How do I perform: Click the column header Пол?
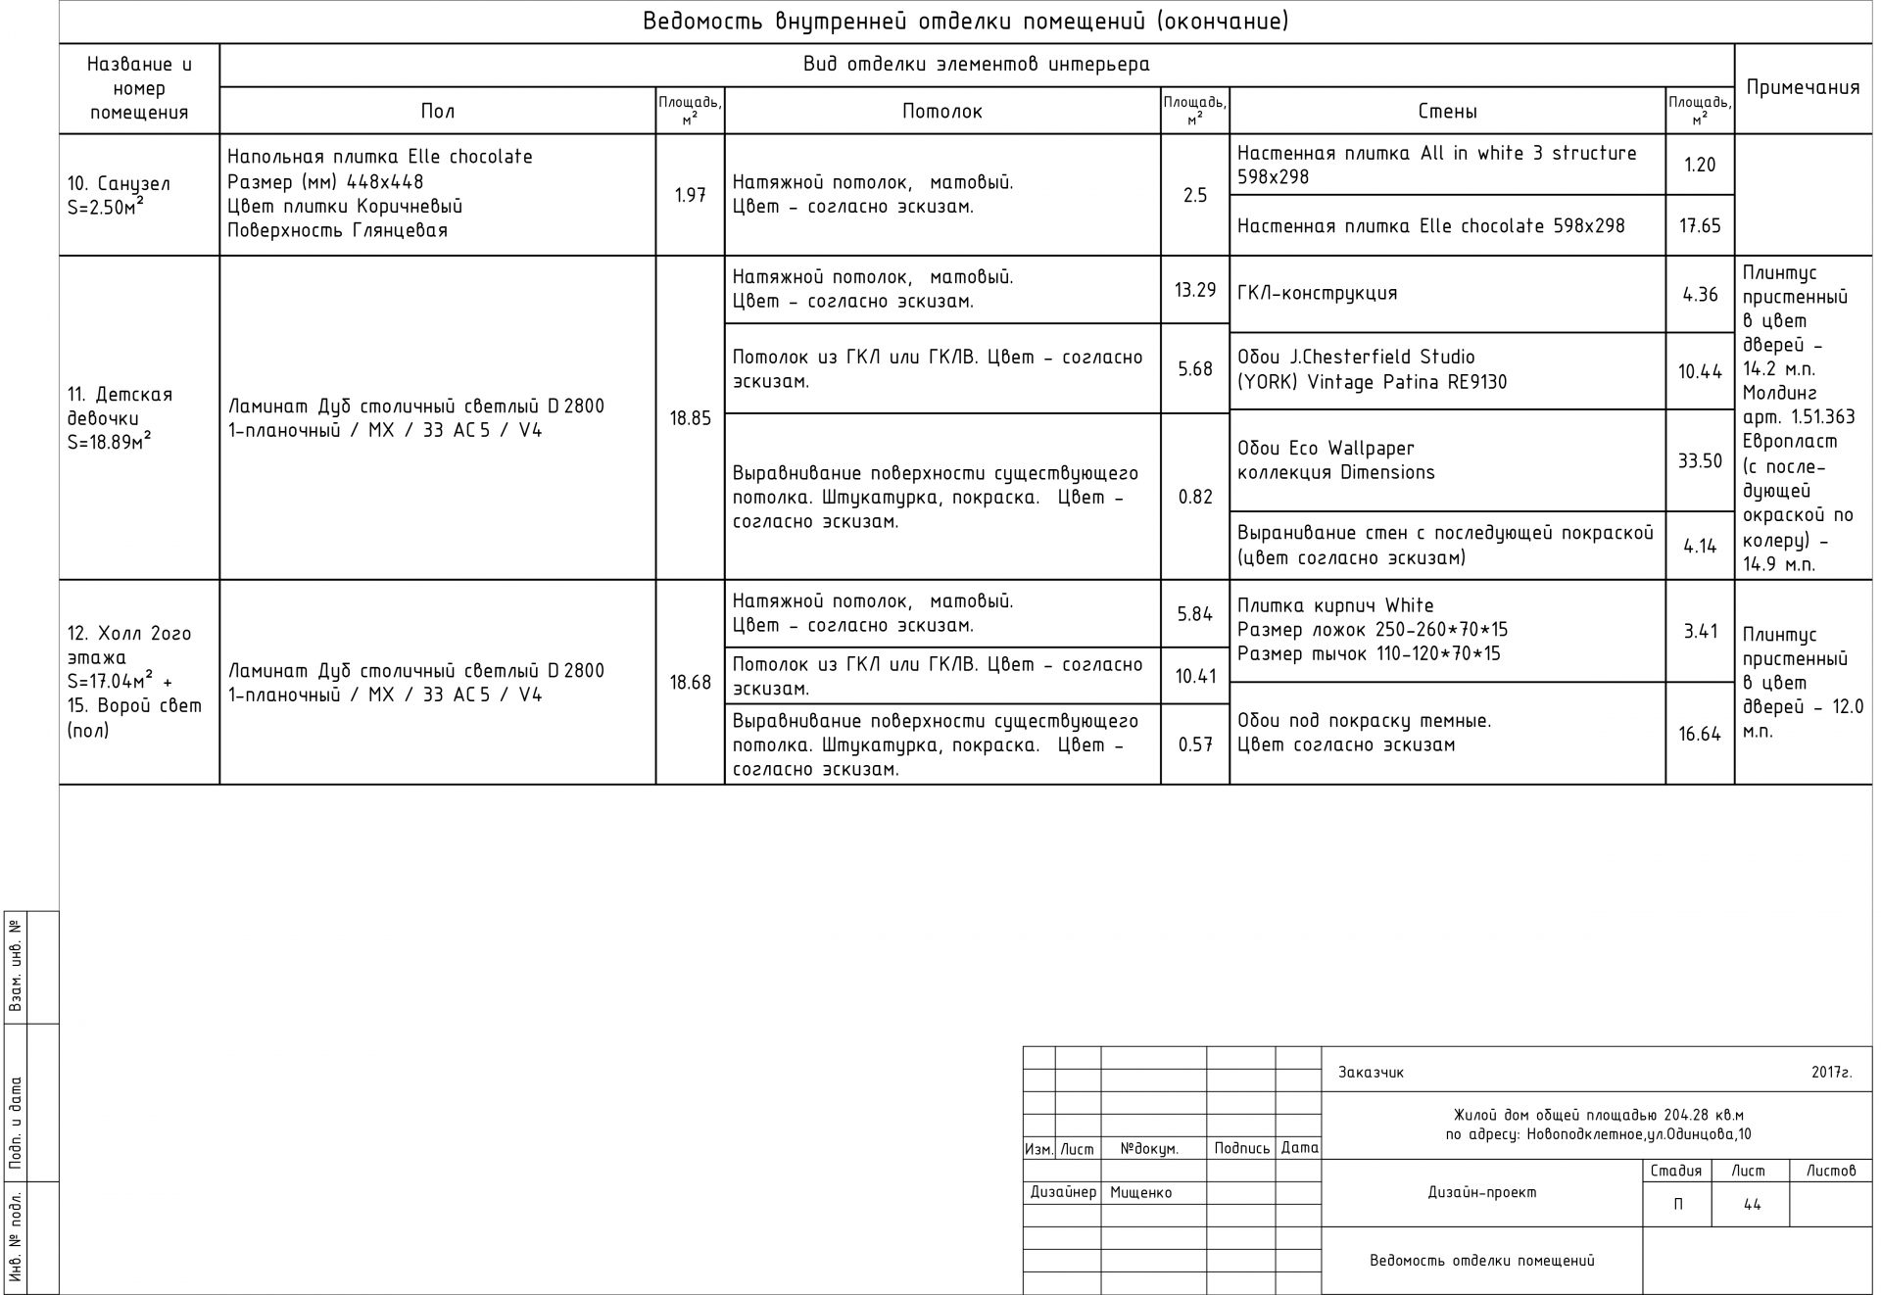437,112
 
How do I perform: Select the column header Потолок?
941,112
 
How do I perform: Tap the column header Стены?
1447,112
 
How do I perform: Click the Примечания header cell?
1803,88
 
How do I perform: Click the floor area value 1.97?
690,196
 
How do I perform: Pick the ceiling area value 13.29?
1194,290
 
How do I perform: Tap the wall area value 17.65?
1699,226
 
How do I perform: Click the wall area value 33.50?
1699,461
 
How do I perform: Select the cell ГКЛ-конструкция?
1317,294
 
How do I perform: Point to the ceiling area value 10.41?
1195,676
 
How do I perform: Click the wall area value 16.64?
1699,734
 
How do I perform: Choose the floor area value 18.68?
690,683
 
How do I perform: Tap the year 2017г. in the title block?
1831,1073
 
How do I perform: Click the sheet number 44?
1752,1205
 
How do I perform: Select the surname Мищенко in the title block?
1140,1193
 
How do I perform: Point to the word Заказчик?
1371,1073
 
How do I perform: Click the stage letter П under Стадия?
1677,1205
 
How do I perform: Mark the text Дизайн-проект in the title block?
1481,1193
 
